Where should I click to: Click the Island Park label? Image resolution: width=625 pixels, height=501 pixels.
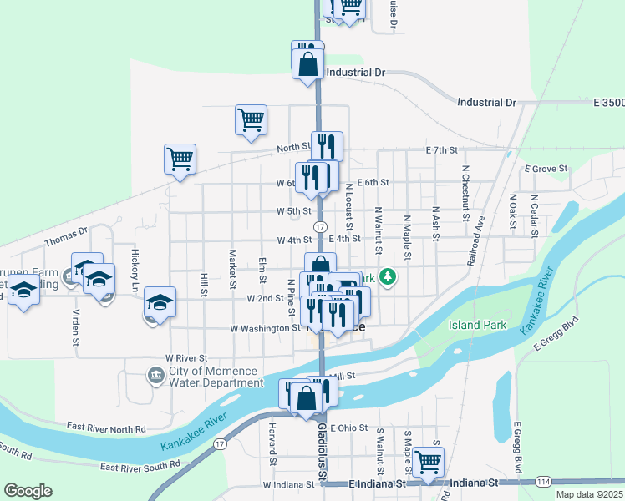[476, 325]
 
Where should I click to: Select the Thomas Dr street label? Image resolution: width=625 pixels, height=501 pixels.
[66, 237]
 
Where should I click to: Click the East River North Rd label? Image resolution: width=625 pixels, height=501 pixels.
[106, 427]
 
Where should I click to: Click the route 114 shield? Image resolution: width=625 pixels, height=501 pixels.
[543, 482]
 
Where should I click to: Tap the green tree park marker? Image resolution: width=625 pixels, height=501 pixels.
[387, 276]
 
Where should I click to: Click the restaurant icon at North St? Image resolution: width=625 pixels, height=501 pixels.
[327, 146]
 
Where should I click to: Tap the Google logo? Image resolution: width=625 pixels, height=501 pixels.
[28, 490]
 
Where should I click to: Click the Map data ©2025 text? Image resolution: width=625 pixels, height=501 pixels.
[589, 494]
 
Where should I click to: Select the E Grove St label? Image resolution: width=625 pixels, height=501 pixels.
[546, 169]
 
